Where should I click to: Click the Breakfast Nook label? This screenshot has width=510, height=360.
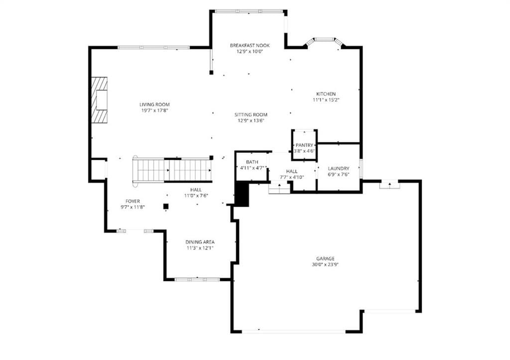tap(250, 45)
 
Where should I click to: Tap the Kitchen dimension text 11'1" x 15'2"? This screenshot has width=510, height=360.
tap(326, 100)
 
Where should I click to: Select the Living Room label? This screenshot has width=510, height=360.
tap(154, 105)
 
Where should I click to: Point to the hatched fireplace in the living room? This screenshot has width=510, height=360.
tap(99, 100)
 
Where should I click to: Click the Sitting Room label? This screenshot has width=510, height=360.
tap(251, 115)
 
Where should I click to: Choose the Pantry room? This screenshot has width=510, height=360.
tap(304, 145)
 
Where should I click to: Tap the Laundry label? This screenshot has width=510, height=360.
tap(338, 168)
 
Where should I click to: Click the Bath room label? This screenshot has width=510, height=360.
tap(252, 162)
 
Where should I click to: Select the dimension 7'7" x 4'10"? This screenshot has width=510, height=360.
tap(292, 177)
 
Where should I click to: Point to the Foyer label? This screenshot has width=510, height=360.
tap(132, 201)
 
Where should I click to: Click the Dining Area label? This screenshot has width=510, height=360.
tap(200, 242)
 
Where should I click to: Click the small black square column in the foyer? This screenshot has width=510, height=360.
tap(166, 206)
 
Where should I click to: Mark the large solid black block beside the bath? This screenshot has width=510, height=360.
tap(242, 194)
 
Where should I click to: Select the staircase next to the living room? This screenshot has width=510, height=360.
tap(172, 170)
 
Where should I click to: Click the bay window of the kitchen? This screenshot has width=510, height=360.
tap(324, 42)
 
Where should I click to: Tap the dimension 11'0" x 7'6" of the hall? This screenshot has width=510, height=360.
tap(196, 196)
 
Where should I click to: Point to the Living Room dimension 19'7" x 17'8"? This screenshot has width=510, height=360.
tap(154, 111)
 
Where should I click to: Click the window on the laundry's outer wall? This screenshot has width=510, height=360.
tap(361, 168)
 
